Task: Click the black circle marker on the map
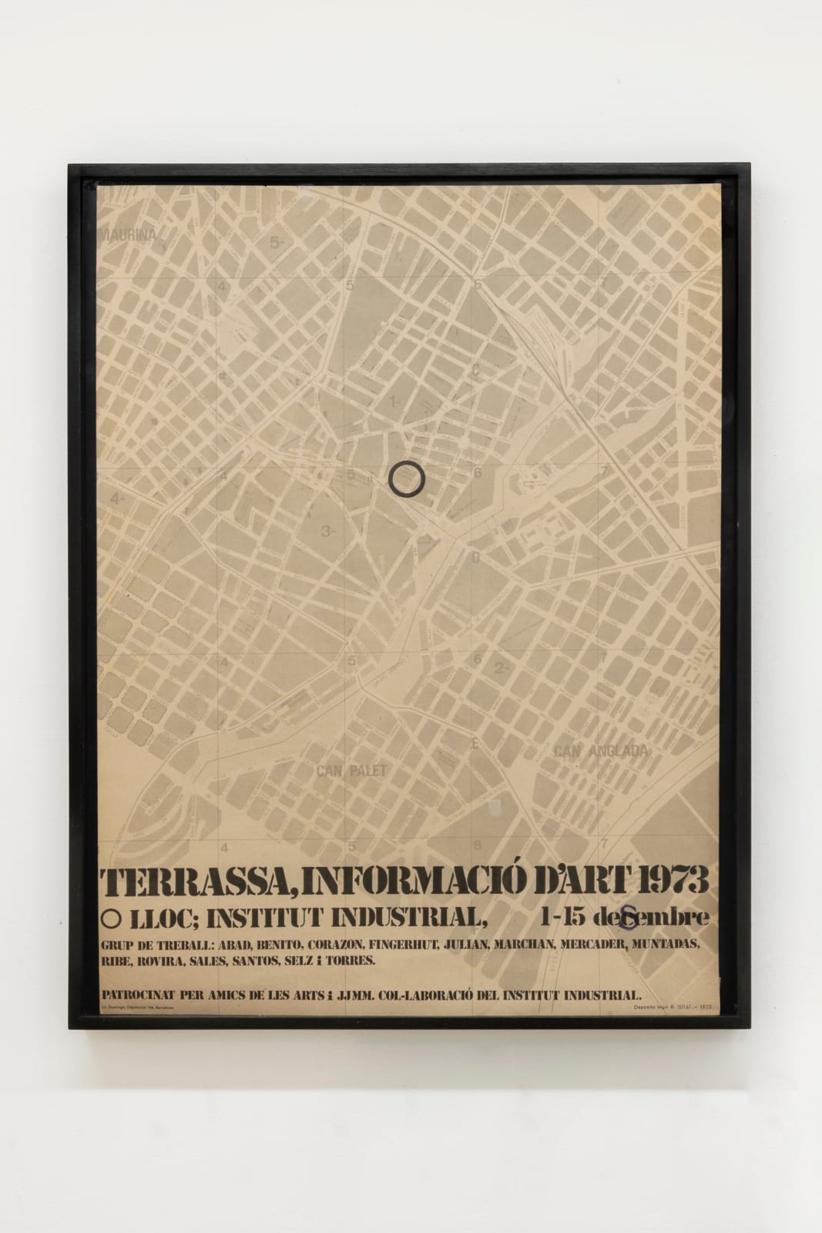click(407, 479)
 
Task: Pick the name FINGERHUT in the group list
click(412, 945)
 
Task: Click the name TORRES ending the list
click(351, 962)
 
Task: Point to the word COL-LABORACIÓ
click(458, 995)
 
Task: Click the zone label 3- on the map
click(330, 531)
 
